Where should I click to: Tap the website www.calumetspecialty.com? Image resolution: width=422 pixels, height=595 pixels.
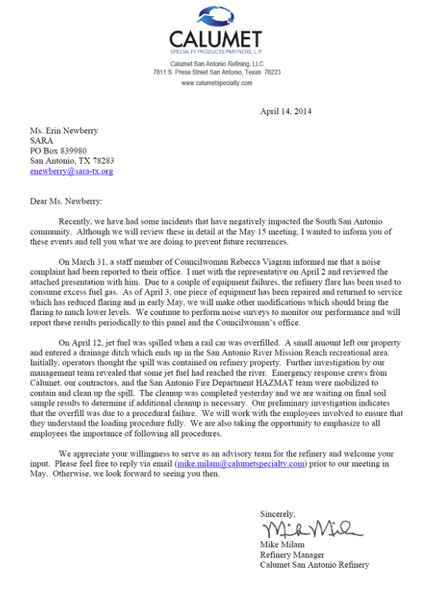tap(216, 83)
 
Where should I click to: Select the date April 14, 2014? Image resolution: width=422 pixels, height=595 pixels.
tap(286, 112)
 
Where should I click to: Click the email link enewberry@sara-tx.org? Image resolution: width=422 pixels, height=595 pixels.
tap(72, 171)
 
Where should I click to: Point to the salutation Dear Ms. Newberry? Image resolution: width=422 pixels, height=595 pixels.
tap(66, 201)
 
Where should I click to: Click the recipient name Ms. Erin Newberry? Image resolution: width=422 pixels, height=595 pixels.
tap(64, 131)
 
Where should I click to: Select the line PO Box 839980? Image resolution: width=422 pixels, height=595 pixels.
tap(58, 151)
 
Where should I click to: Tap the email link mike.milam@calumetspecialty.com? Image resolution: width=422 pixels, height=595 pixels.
tap(241, 464)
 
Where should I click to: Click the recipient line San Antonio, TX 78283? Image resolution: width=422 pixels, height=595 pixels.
tap(72, 161)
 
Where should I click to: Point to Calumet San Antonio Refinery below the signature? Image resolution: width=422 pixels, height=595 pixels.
tap(314, 565)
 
